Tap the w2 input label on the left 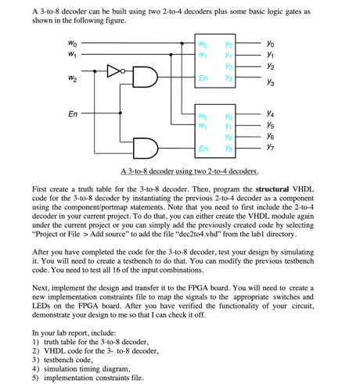(x=71, y=77)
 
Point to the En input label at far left (x=72, y=113)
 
